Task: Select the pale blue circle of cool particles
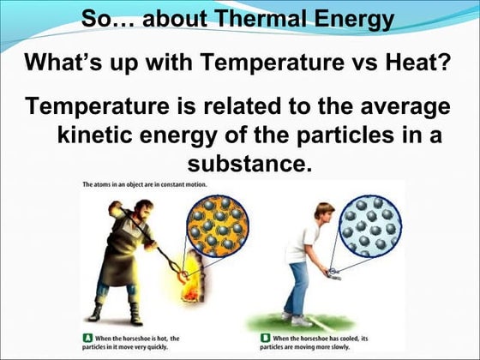pyautogui.click(x=369, y=225)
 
